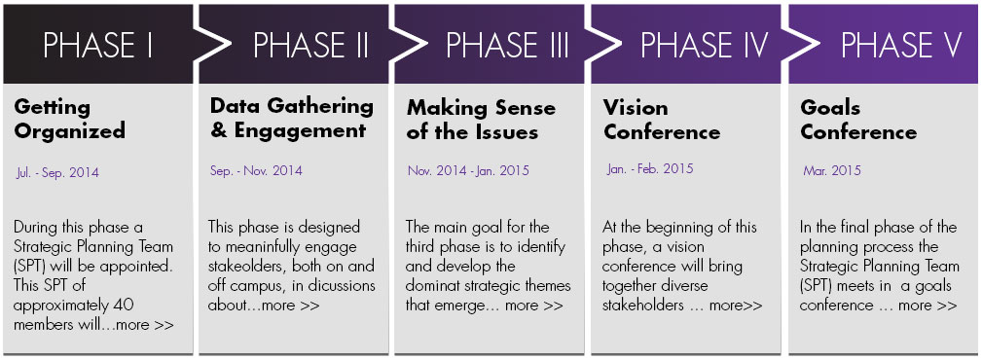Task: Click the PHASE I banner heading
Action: [x=98, y=45]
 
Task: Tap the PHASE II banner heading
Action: [x=310, y=45]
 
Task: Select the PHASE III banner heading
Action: [x=507, y=45]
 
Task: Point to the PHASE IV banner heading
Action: [x=704, y=45]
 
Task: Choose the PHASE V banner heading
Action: [x=901, y=45]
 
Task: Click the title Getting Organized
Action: [x=69, y=119]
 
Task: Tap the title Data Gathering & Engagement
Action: [x=291, y=119]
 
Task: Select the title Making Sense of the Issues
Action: [x=481, y=119]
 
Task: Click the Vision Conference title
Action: [x=662, y=119]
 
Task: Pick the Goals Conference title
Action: [x=858, y=119]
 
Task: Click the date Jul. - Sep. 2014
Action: [x=57, y=173]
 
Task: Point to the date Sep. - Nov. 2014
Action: [x=256, y=170]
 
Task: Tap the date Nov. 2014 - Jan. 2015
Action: [x=468, y=170]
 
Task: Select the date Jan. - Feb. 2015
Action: [x=650, y=169]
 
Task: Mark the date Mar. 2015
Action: [x=832, y=170]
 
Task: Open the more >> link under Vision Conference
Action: [x=736, y=306]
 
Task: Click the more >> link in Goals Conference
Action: [x=927, y=306]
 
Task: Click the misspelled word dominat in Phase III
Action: [x=433, y=285]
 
